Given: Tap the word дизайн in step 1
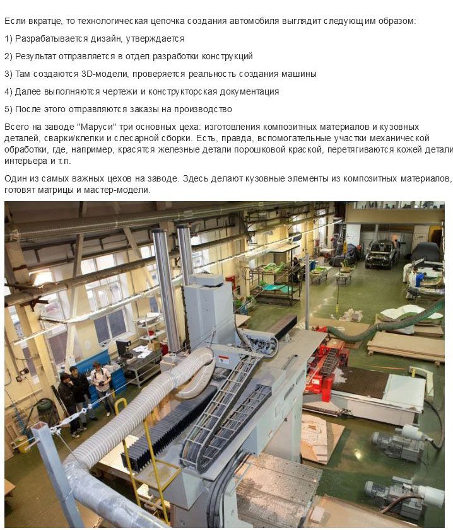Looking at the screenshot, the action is click(x=105, y=39).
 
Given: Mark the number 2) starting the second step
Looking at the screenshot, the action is click(x=8, y=57).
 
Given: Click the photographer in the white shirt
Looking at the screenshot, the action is click(x=103, y=388).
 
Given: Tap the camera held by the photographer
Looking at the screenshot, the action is click(x=102, y=383).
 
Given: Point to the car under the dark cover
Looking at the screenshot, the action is click(x=427, y=252).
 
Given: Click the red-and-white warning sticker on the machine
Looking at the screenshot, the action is click(x=223, y=359).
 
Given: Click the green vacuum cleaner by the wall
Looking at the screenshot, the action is click(x=44, y=411).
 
